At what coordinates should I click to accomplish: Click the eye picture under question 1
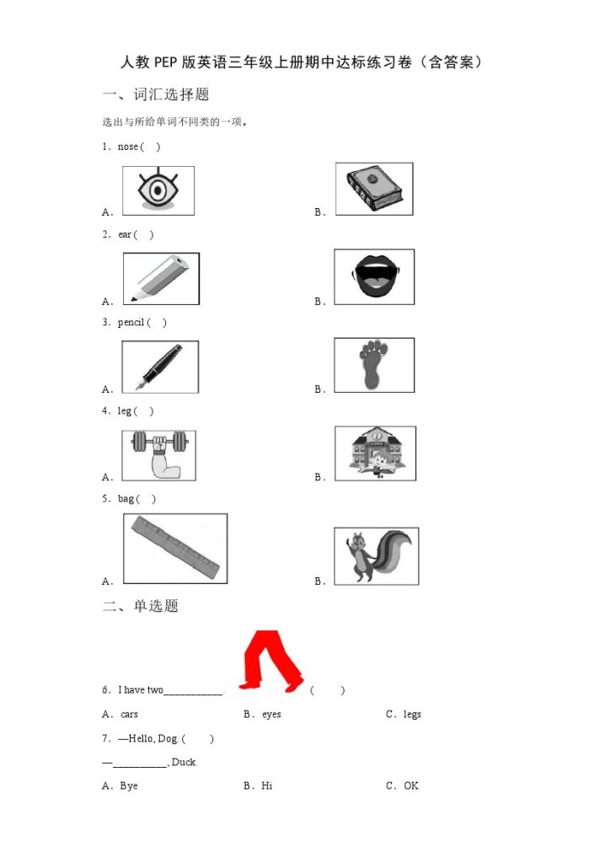click(158, 190)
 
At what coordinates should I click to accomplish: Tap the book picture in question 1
click(374, 189)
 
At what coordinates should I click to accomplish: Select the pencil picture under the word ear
click(161, 278)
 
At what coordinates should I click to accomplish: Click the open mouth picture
click(374, 276)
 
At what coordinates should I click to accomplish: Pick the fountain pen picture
click(160, 367)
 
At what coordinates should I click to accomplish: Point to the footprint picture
click(374, 365)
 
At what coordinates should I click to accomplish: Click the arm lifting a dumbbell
click(159, 455)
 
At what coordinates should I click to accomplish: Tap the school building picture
click(375, 453)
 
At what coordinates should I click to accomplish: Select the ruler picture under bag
click(175, 548)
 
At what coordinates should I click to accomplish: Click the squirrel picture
click(377, 556)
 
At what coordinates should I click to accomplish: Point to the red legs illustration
click(270, 661)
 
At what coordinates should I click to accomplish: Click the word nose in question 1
click(127, 147)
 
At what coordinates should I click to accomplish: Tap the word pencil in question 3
click(131, 323)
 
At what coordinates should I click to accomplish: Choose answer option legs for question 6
click(412, 714)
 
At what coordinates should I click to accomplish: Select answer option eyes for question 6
click(271, 715)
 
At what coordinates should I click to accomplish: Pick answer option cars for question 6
click(129, 715)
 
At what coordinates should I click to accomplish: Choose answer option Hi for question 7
click(267, 785)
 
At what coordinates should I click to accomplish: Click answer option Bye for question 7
click(129, 786)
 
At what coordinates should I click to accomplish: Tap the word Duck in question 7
click(184, 762)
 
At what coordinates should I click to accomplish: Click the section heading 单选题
click(156, 606)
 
